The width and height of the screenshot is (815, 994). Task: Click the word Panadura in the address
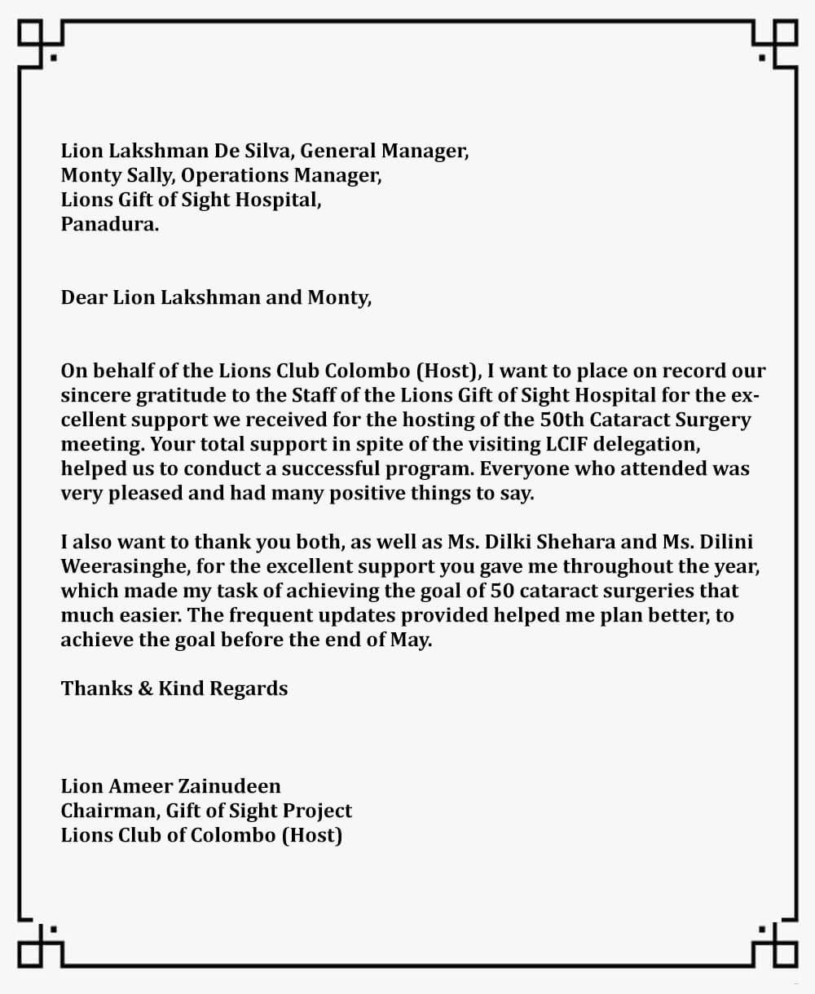click(x=109, y=224)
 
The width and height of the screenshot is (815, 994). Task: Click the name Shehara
click(x=584, y=542)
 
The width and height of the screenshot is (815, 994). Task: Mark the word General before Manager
click(x=338, y=151)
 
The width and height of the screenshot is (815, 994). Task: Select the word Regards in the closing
click(x=249, y=688)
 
